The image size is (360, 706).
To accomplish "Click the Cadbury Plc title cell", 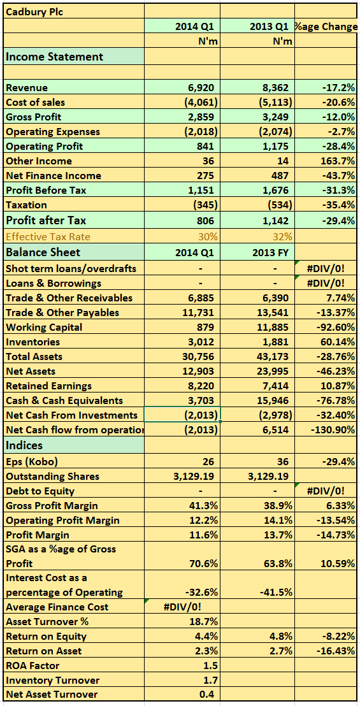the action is [x=34, y=12].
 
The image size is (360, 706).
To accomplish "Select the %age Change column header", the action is [x=327, y=27].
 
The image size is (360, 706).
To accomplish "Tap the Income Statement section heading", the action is [x=54, y=57].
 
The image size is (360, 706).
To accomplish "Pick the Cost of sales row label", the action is [x=36, y=102].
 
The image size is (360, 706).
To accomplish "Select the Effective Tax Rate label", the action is [x=48, y=236].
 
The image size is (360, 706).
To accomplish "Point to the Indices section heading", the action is [x=24, y=445].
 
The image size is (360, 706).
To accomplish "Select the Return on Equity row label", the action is [x=47, y=636].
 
